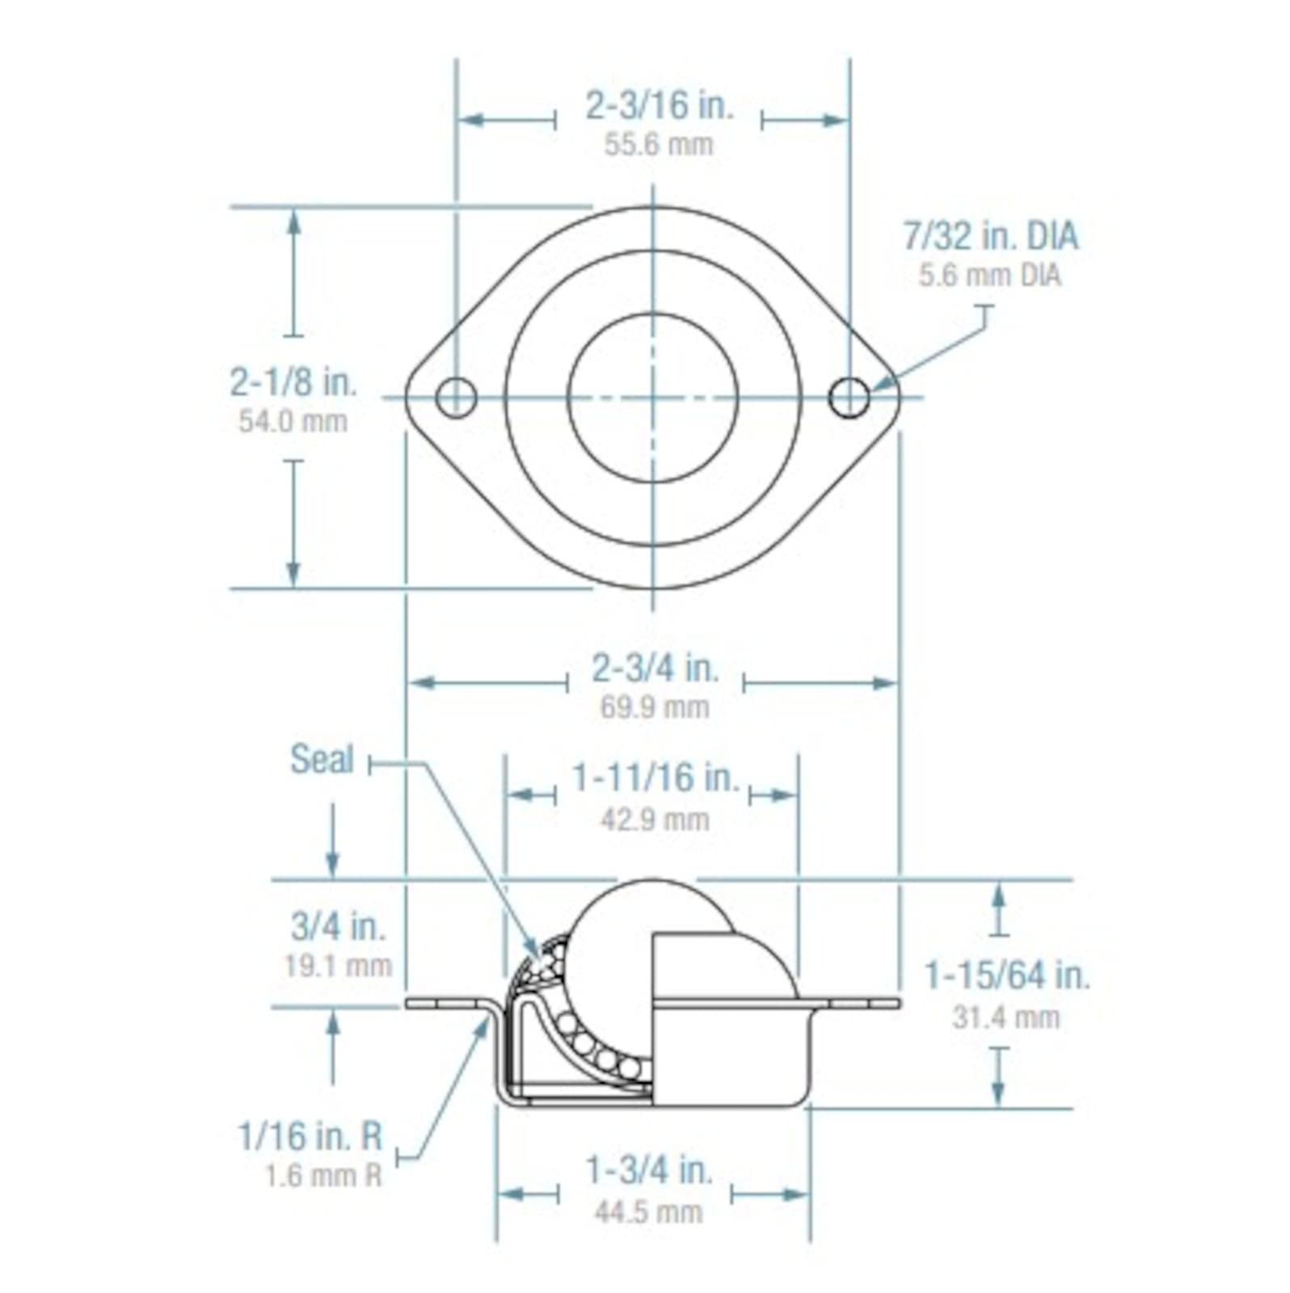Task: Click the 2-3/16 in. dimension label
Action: coord(659,106)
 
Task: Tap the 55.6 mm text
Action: coord(659,145)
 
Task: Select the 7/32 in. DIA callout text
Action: coord(990,236)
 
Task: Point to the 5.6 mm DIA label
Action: coord(989,276)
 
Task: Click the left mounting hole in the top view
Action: coord(456,398)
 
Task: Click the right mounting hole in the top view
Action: coord(849,398)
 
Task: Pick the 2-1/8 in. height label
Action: coord(293,382)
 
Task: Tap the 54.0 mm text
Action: coord(293,421)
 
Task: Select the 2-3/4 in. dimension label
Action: coord(656,668)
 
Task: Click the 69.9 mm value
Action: coord(655,708)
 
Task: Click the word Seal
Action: coord(322,760)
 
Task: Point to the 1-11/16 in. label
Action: coord(656,778)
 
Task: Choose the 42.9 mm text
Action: coord(655,820)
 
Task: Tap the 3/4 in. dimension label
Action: coord(338,927)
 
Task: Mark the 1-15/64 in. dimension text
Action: coord(1007,975)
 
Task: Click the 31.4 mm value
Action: coord(1005,1017)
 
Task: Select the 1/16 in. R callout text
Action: coord(310,1137)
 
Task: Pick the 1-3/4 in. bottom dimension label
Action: coord(649,1169)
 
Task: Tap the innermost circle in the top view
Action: coord(653,398)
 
